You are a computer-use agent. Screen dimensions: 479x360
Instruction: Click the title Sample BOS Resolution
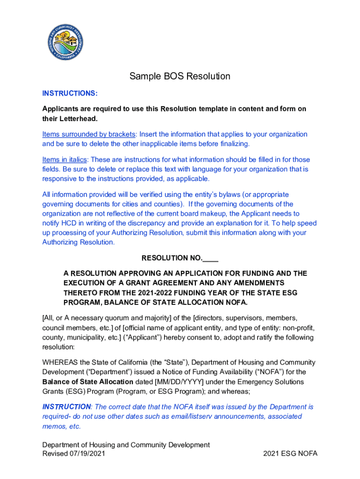pyautogui.click(x=180, y=76)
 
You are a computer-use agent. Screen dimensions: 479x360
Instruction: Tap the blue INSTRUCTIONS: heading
pyautogui.click(x=70, y=93)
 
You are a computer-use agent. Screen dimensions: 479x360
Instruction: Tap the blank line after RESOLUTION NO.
pyautogui.click(x=211, y=258)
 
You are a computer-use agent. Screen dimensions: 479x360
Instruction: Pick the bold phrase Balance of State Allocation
pyautogui.click(x=87, y=382)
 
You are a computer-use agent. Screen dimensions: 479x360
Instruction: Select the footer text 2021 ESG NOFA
pyautogui.click(x=290, y=454)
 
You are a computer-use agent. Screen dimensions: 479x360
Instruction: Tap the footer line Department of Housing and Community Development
pyautogui.click(x=126, y=445)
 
